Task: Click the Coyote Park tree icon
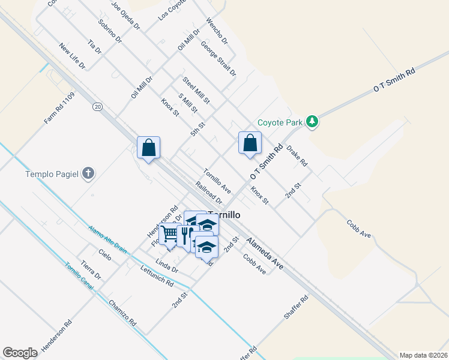coord(312,122)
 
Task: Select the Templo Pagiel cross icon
coord(88,175)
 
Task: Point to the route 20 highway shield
coord(97,107)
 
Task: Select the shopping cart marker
coord(170,233)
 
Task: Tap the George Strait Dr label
coord(218,59)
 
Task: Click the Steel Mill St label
coord(196,91)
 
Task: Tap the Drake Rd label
coord(297,155)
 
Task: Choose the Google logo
coord(20,353)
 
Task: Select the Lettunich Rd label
coord(157,276)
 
